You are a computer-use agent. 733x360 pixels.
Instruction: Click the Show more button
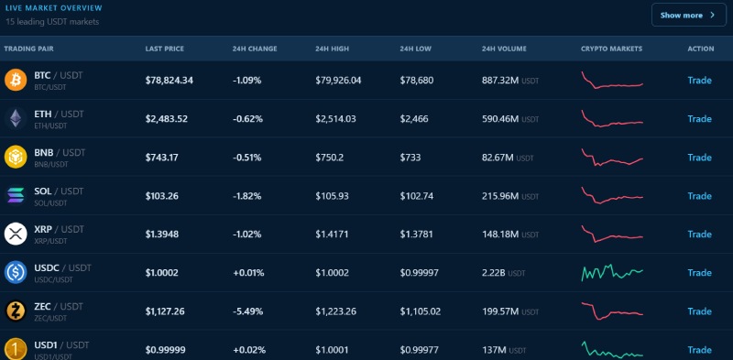tap(689, 15)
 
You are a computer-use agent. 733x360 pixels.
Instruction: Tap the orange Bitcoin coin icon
tap(16, 80)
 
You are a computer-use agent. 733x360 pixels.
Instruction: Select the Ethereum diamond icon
tap(16, 118)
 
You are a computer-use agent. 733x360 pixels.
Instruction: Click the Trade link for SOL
tap(699, 196)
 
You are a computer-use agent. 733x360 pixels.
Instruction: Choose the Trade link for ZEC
tap(699, 311)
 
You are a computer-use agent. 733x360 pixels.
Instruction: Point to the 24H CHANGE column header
tap(255, 49)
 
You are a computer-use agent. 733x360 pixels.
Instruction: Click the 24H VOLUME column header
tap(504, 49)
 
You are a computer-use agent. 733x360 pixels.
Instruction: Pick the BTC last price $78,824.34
tap(170, 81)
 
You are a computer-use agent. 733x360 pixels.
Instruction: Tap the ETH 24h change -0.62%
tap(247, 119)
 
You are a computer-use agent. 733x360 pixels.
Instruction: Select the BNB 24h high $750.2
tap(330, 158)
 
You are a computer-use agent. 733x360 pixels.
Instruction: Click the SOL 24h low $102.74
tap(417, 196)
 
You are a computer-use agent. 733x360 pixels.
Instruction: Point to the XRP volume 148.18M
tap(500, 235)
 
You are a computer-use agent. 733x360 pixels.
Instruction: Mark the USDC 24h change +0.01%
tap(248, 273)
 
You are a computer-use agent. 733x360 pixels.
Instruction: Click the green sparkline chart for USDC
tap(612, 273)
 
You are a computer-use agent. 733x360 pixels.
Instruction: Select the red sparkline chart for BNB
tap(612, 158)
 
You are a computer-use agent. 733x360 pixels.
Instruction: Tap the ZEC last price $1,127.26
tap(165, 311)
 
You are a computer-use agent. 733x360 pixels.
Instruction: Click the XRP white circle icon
tap(16, 234)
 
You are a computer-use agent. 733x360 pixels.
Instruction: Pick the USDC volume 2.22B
tap(493, 273)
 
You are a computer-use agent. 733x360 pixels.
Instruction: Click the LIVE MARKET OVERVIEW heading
tap(54, 8)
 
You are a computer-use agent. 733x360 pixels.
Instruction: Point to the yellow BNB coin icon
tap(16, 157)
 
